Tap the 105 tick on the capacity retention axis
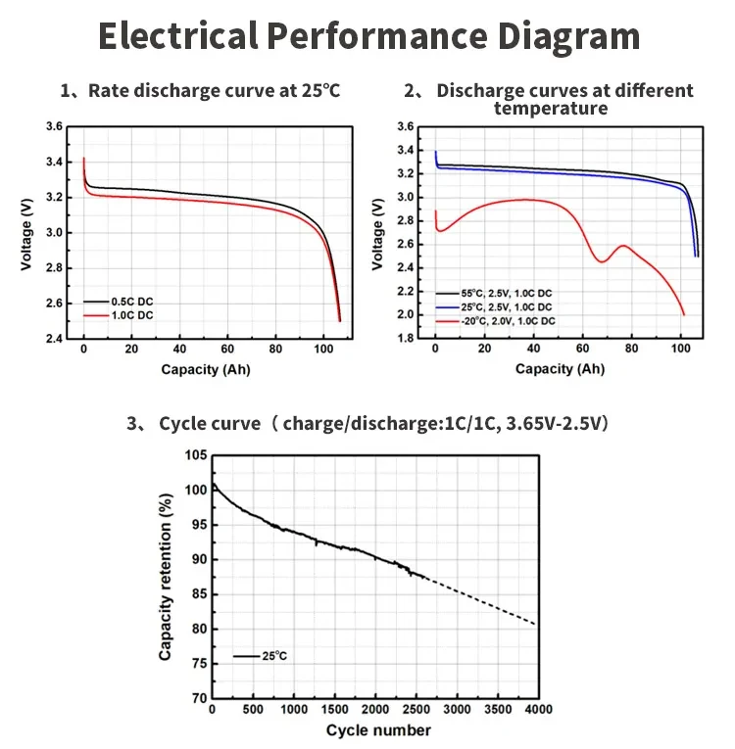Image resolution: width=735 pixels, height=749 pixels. coord(197,455)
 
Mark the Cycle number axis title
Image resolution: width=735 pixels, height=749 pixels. coord(377,730)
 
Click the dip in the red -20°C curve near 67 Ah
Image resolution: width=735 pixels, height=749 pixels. coord(601,261)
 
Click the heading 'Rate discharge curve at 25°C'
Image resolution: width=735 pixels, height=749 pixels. coord(212,91)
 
